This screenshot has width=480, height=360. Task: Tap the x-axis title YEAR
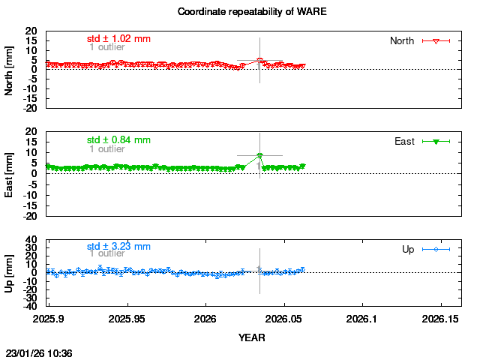pos(251,337)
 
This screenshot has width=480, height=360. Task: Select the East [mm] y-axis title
pos(10,174)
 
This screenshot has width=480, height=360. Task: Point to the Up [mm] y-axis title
pos(10,274)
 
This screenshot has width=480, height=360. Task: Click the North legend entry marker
pos(436,40)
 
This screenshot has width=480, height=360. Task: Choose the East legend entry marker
pos(436,141)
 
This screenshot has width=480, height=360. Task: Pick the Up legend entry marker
pos(436,249)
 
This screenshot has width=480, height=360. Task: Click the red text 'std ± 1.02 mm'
pos(118,38)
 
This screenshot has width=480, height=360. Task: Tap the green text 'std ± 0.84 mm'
pos(118,139)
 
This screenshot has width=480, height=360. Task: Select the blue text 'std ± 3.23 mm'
pos(118,246)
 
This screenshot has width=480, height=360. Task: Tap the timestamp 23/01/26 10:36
pos(39,352)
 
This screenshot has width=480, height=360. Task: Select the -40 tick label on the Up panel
pos(30,306)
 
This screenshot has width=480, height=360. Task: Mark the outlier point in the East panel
pos(259,155)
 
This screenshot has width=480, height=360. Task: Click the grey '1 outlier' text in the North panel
pos(107,47)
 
